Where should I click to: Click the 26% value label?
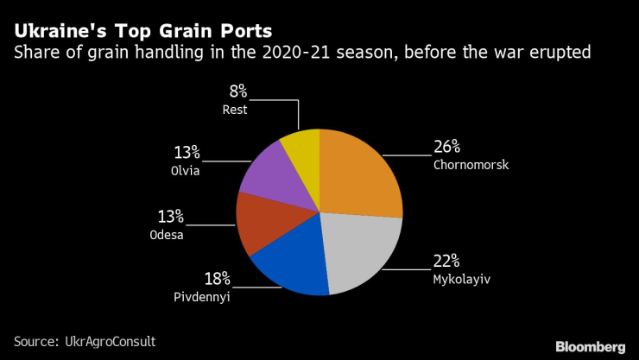[446, 145]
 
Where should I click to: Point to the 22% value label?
[446, 260]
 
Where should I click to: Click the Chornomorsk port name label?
[471, 163]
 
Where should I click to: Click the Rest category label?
[234, 110]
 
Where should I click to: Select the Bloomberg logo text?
[588, 344]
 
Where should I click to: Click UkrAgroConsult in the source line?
[111, 342]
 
